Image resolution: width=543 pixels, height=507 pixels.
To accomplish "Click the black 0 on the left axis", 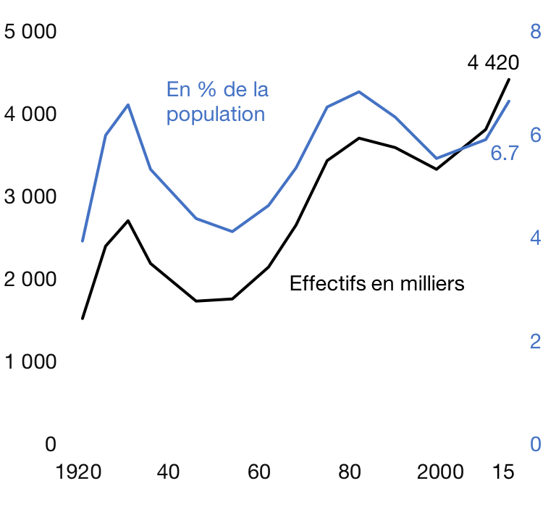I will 50,444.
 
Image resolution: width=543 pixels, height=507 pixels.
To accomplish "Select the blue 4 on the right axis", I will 535,238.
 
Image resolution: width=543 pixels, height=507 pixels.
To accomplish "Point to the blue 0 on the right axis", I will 535,444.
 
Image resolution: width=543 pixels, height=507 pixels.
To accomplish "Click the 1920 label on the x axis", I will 79,472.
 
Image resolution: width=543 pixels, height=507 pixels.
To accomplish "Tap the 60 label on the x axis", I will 258,472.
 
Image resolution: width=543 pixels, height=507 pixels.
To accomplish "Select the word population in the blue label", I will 216,114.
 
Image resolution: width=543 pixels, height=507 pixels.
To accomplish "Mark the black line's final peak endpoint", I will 509,79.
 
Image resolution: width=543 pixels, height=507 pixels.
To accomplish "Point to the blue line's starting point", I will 83,240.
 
